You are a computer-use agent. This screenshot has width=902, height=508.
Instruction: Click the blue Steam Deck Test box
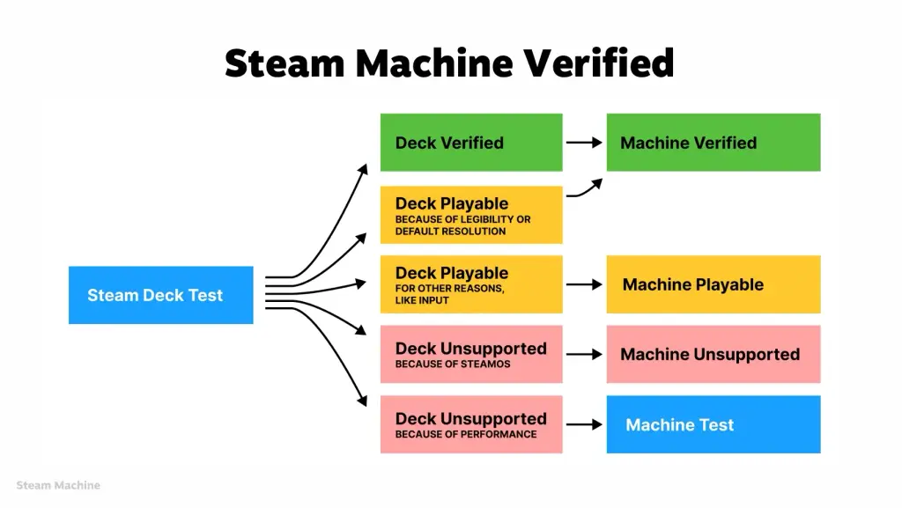click(160, 295)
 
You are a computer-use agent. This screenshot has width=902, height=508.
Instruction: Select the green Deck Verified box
click(471, 143)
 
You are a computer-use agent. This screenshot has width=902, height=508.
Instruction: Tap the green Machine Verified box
click(713, 143)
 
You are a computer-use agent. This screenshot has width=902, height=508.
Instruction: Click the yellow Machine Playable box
click(713, 284)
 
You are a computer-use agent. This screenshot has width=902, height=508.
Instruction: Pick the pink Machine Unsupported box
click(713, 354)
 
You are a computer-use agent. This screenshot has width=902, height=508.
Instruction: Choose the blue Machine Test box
click(713, 424)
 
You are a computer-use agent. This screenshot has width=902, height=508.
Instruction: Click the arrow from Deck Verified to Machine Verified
click(584, 143)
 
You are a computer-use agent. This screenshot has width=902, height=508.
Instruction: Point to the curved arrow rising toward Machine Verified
click(585, 188)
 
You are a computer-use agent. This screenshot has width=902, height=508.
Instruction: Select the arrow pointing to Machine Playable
click(584, 284)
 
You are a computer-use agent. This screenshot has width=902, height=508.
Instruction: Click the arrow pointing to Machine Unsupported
click(584, 354)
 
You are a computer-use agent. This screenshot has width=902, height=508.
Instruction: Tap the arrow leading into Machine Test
click(584, 424)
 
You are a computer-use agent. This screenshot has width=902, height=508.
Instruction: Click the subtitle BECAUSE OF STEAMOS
click(453, 364)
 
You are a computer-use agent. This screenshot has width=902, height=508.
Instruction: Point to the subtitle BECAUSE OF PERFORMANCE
click(466, 434)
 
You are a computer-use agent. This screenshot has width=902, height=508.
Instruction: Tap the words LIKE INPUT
click(422, 300)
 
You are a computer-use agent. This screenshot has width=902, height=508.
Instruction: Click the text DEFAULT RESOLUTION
click(450, 232)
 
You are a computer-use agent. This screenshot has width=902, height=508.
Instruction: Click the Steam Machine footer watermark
click(58, 485)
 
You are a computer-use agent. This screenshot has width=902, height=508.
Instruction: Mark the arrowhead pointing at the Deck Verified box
click(363, 168)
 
